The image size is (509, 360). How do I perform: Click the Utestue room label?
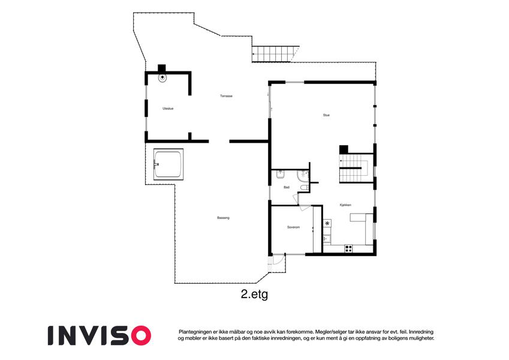(168, 109)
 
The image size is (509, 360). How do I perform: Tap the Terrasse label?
(226, 96)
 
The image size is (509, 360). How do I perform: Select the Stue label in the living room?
(326, 115)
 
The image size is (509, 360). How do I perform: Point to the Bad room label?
(287, 187)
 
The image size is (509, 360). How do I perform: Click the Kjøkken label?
(345, 205)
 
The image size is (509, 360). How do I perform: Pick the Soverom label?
(293, 227)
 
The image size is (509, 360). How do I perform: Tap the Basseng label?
(224, 218)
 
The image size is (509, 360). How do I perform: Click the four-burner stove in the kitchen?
(349, 248)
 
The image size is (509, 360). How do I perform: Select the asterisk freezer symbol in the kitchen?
(327, 223)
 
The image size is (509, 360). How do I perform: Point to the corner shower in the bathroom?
(303, 175)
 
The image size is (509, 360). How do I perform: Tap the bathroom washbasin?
(281, 175)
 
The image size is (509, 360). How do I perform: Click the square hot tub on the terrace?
(168, 164)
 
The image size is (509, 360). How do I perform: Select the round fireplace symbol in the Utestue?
(162, 77)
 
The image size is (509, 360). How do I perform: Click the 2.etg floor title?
(254, 295)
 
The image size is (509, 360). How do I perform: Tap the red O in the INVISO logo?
(141, 335)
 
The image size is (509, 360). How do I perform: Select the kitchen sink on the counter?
(327, 239)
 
